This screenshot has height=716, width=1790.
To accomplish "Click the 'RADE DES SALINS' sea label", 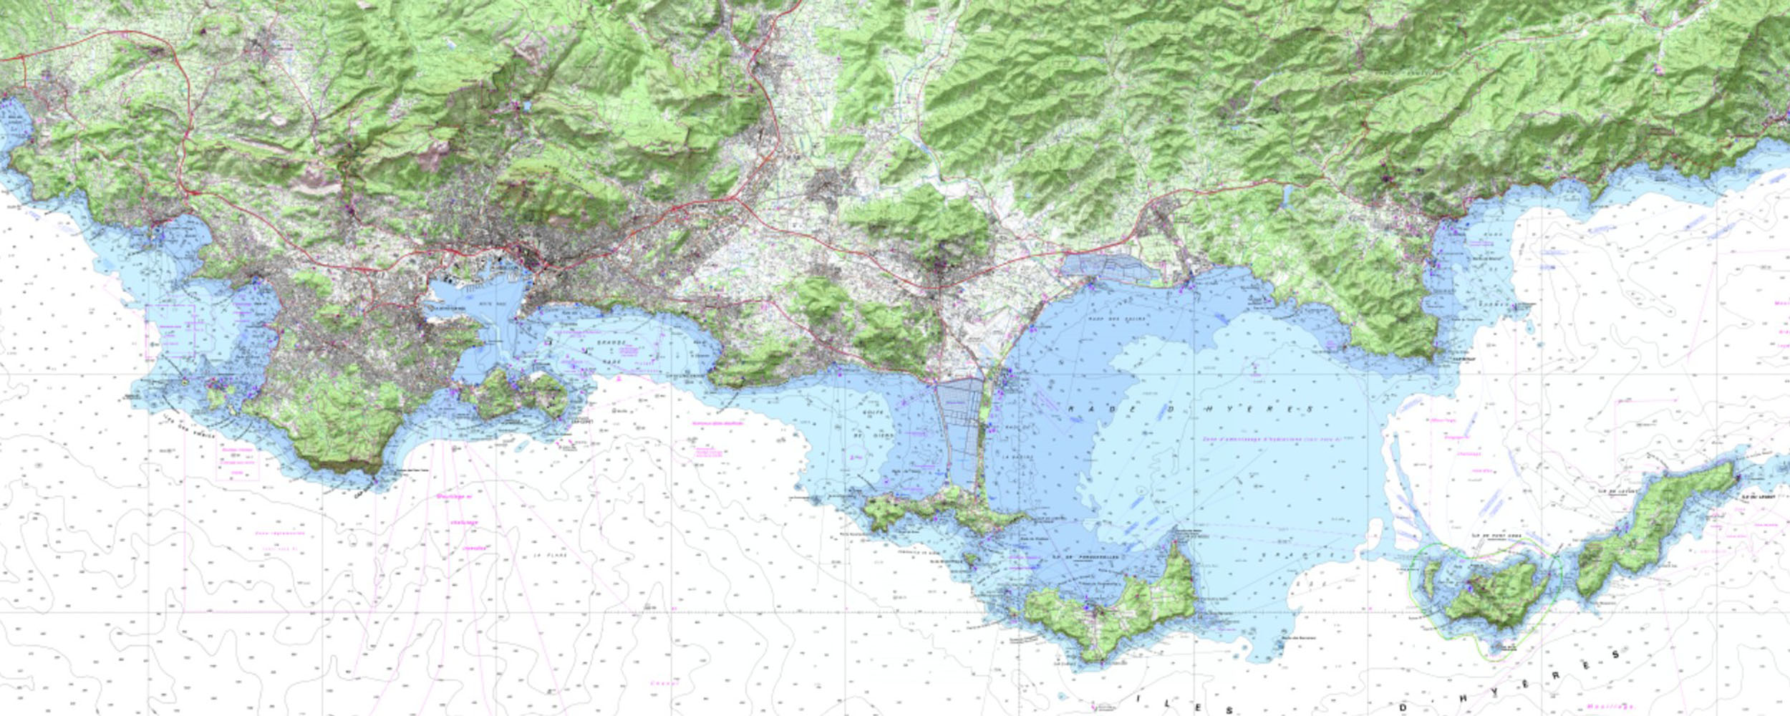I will click(x=1117, y=319).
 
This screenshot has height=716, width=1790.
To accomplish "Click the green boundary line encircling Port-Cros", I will click(x=1561, y=573).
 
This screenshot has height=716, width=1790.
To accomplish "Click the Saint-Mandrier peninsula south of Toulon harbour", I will click(x=516, y=394).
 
